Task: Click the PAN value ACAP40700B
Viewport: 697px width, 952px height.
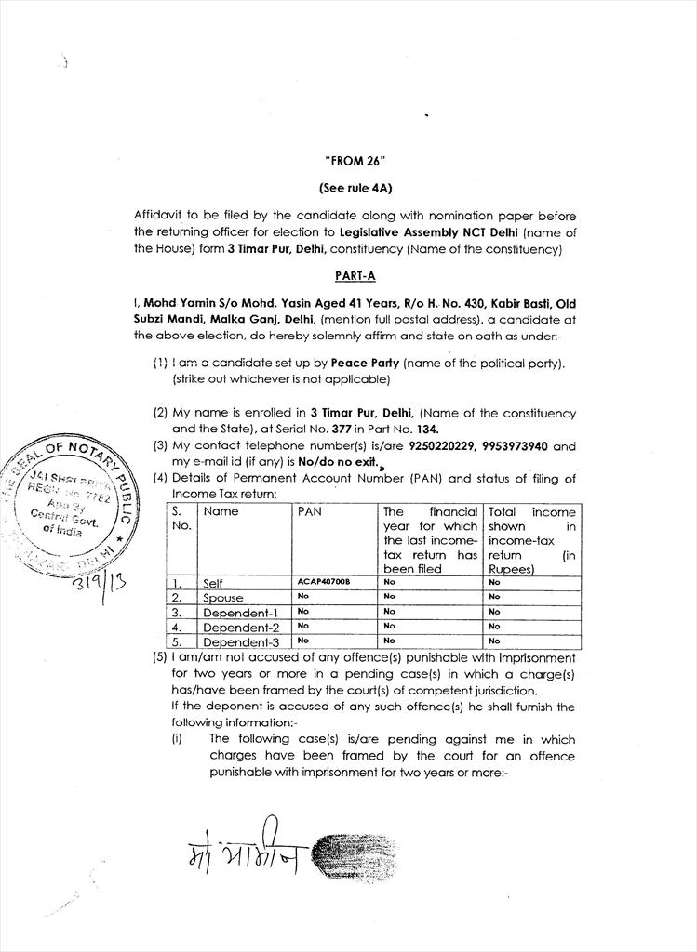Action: [x=324, y=581]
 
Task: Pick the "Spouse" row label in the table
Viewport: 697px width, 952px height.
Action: [x=222, y=598]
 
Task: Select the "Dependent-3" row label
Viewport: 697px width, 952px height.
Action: [x=240, y=641]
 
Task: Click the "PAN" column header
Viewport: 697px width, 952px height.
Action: [x=309, y=511]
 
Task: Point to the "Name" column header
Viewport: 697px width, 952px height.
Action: [x=221, y=511]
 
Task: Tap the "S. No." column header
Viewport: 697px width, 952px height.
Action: [x=181, y=518]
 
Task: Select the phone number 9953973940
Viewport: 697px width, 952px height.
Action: [x=523, y=445]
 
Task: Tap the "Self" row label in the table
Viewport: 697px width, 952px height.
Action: [x=213, y=583]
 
